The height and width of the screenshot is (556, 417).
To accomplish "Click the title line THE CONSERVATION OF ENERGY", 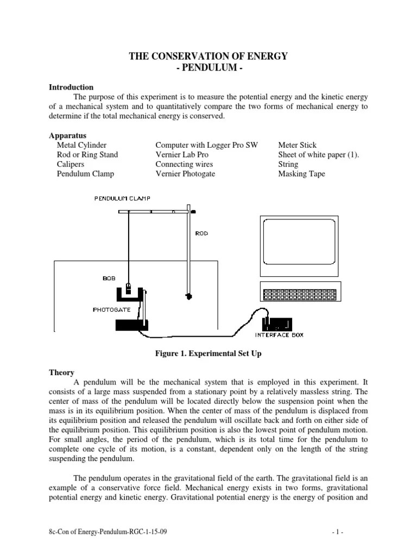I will pyautogui.click(x=208, y=56).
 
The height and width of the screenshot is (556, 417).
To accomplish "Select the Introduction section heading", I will pyautogui.click(x=71, y=87).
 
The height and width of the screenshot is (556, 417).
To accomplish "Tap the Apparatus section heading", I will pyautogui.click(x=68, y=135).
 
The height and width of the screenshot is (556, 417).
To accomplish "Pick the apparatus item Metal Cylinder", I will pyautogui.click(x=81, y=146).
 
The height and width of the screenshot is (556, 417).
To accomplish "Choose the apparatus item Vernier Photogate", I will pyautogui.click(x=185, y=174).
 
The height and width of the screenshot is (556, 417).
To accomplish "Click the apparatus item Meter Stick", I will pyautogui.click(x=298, y=146).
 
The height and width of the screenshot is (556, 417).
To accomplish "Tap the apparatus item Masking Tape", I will pyautogui.click(x=301, y=174).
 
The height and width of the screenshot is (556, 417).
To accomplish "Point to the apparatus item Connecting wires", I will pyautogui.click(x=184, y=164).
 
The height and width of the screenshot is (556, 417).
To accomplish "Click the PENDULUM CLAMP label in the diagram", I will pyautogui.click(x=122, y=199).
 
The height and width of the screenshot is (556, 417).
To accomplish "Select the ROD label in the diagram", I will pyautogui.click(x=201, y=233).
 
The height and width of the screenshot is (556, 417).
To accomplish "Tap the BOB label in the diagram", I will pyautogui.click(x=109, y=277).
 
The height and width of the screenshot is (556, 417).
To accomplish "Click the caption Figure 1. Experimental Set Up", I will pyautogui.click(x=208, y=353).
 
